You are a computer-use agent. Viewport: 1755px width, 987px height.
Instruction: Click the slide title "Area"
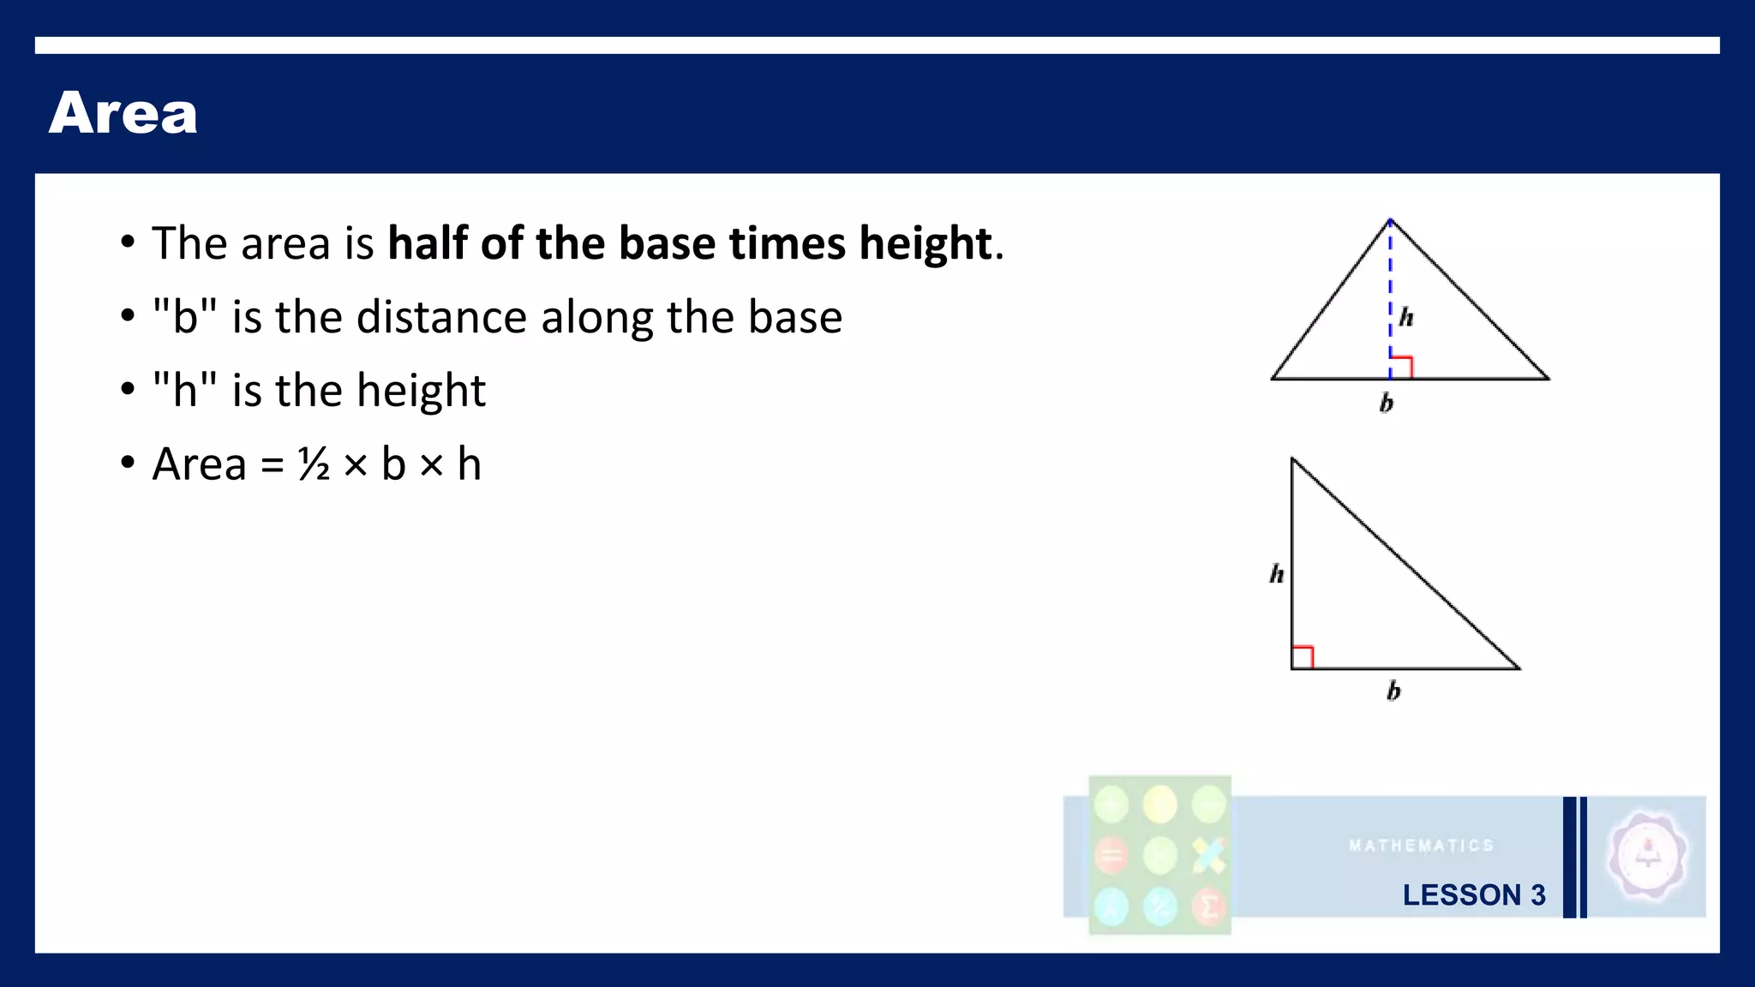[x=123, y=113]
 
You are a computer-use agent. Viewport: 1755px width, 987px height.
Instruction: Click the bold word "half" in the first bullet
[x=428, y=243]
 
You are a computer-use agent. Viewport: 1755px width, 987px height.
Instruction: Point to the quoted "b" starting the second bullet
[x=184, y=317]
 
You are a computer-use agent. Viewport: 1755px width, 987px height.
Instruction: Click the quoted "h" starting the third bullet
[x=184, y=391]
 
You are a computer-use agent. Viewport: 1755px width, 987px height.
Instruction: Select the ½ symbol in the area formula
[x=314, y=464]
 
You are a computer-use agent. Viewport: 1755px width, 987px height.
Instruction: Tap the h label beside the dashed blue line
[x=1406, y=318]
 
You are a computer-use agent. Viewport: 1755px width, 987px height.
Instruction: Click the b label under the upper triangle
[x=1387, y=402]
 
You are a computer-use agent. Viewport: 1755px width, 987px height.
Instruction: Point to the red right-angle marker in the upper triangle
[x=1401, y=367]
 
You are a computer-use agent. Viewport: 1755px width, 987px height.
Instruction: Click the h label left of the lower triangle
[x=1277, y=573]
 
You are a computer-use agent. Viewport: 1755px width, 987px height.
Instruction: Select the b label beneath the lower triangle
[x=1393, y=690]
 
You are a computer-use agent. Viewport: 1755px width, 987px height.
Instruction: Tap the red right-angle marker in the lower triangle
[x=1303, y=657]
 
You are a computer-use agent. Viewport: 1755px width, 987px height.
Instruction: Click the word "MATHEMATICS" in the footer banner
[x=1421, y=846]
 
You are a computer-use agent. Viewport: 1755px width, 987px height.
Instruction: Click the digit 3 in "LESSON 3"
[x=1538, y=895]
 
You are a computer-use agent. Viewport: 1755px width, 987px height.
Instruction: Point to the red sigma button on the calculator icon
[x=1208, y=906]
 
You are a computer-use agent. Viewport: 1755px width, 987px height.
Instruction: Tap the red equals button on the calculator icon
[x=1111, y=855]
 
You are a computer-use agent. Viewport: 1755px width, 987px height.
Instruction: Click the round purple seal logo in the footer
[x=1647, y=856]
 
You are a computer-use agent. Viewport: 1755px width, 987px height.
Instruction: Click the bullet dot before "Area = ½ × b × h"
[x=128, y=464]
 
